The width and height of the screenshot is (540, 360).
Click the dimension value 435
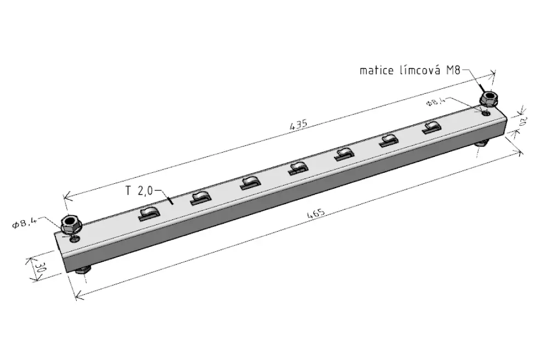(x=298, y=125)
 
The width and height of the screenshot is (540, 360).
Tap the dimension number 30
(x=40, y=268)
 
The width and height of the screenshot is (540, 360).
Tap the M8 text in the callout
(x=453, y=70)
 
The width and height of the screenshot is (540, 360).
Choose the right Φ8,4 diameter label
(x=436, y=102)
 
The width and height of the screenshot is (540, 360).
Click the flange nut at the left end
(x=71, y=224)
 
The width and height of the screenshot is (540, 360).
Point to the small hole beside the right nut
(x=486, y=113)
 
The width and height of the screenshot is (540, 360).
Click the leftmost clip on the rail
(x=149, y=213)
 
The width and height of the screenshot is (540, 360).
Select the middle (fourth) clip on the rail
(x=298, y=168)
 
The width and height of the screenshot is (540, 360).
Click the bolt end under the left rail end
(x=83, y=271)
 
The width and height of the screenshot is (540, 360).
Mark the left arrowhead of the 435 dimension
(x=67, y=197)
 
